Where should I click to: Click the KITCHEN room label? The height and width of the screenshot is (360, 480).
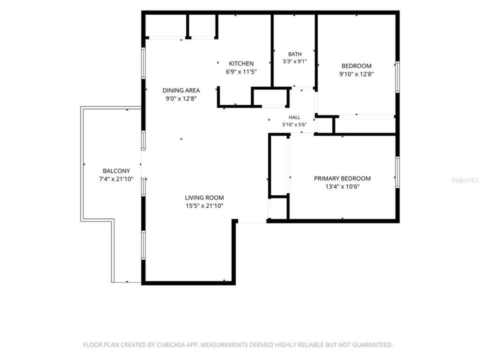click(x=241, y=63)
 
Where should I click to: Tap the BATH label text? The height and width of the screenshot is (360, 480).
click(x=295, y=54)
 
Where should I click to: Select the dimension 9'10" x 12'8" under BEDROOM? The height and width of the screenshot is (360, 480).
click(x=356, y=74)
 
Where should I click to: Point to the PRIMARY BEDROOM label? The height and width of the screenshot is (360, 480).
click(x=342, y=178)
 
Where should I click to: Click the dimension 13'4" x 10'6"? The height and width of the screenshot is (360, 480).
click(x=342, y=186)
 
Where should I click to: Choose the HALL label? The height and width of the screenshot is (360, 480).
click(x=294, y=117)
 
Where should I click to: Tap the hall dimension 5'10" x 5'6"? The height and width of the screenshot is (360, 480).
click(x=294, y=124)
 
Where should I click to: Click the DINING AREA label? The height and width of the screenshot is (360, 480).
click(x=181, y=90)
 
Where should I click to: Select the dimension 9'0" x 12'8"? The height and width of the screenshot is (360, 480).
click(x=181, y=98)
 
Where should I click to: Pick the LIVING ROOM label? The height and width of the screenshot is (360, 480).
click(x=204, y=198)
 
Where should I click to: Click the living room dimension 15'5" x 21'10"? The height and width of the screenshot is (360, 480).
click(x=204, y=205)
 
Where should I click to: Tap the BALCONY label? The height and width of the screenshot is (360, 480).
click(x=116, y=171)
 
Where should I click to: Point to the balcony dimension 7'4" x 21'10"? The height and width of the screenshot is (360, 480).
click(x=116, y=179)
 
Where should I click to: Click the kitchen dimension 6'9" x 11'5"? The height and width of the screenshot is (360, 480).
click(x=241, y=72)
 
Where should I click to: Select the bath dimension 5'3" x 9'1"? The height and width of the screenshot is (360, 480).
click(x=295, y=61)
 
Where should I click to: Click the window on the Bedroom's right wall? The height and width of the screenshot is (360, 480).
click(x=397, y=77)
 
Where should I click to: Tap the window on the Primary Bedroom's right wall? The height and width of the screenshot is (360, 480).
click(x=397, y=172)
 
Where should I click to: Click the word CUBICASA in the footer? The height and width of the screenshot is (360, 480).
click(x=171, y=345)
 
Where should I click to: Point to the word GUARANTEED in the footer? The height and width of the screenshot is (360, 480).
click(x=372, y=345)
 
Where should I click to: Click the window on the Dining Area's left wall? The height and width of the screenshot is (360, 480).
click(x=143, y=63)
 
